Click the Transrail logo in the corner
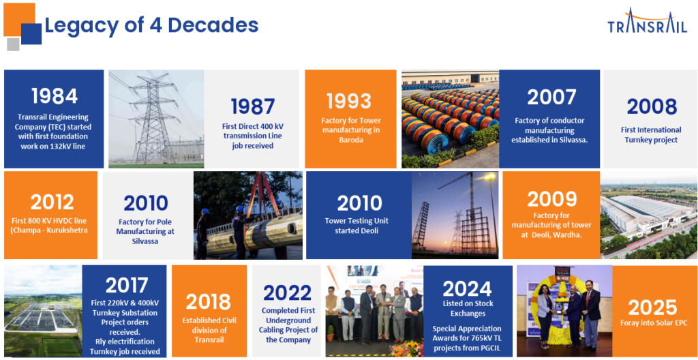click(x=648, y=20)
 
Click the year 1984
click(x=55, y=96)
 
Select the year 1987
click(x=252, y=106)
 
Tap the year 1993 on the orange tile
click(x=349, y=101)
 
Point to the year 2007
click(x=551, y=97)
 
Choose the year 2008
click(x=652, y=107)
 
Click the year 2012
click(x=52, y=202)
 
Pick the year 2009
click(x=551, y=200)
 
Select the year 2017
click(x=126, y=286)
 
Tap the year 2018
click(x=209, y=301)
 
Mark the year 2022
click(x=287, y=292)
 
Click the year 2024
click(x=467, y=289)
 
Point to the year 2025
click(x=652, y=307)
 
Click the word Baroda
click(x=350, y=140)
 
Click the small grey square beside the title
click(x=14, y=44)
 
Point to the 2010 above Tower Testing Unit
click(x=359, y=203)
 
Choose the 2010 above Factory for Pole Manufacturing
click(x=146, y=203)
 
